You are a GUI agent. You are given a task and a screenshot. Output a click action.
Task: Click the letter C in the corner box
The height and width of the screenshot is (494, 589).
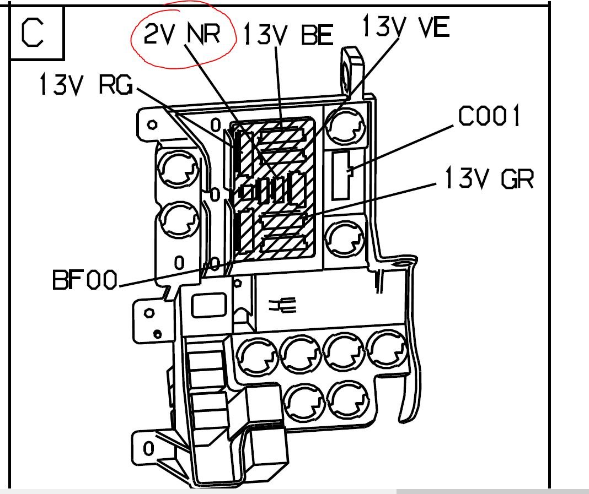[x=33, y=33]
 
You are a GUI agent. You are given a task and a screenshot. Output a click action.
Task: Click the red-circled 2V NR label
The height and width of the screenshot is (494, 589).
[x=182, y=34]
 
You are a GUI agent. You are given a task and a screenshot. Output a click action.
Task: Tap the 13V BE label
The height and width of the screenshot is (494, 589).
[x=288, y=35]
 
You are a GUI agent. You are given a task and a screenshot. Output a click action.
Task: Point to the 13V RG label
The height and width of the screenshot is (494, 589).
[x=86, y=84]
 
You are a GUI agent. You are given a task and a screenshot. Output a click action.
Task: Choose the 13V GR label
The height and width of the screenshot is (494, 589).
[x=490, y=178]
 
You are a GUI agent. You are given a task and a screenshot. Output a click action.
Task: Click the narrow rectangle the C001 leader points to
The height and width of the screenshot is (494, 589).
[x=341, y=175]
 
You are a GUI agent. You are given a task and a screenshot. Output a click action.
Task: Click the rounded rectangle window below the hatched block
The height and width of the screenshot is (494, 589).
[x=209, y=305]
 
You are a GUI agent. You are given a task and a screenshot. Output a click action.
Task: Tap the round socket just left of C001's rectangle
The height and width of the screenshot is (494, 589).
[x=345, y=127]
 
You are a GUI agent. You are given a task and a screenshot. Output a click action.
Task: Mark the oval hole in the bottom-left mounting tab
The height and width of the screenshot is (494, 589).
[x=149, y=449]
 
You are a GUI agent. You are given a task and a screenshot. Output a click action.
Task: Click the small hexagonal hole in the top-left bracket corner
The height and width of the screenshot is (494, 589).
[x=152, y=124]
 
